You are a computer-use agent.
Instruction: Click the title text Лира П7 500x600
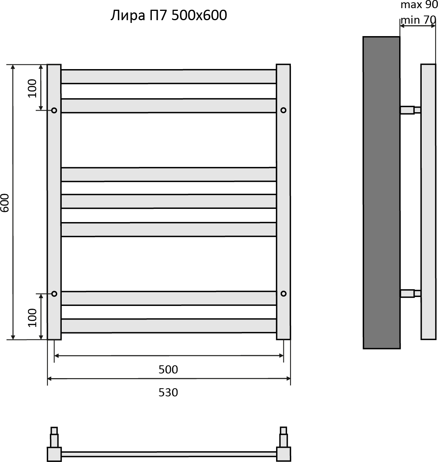tap(169, 15)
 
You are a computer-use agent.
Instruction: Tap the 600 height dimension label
tap(5, 203)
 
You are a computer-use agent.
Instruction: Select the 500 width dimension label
tap(168, 370)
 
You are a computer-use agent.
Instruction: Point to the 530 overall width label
tap(168, 393)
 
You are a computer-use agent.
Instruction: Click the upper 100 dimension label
tap(32, 89)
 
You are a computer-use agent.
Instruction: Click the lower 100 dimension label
tap(32, 318)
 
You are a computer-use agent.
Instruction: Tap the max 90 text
tap(419, 5)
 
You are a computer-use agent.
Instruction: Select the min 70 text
tap(418, 20)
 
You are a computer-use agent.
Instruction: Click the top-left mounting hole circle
tap(54, 110)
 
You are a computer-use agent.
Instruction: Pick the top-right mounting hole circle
tap(283, 110)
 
